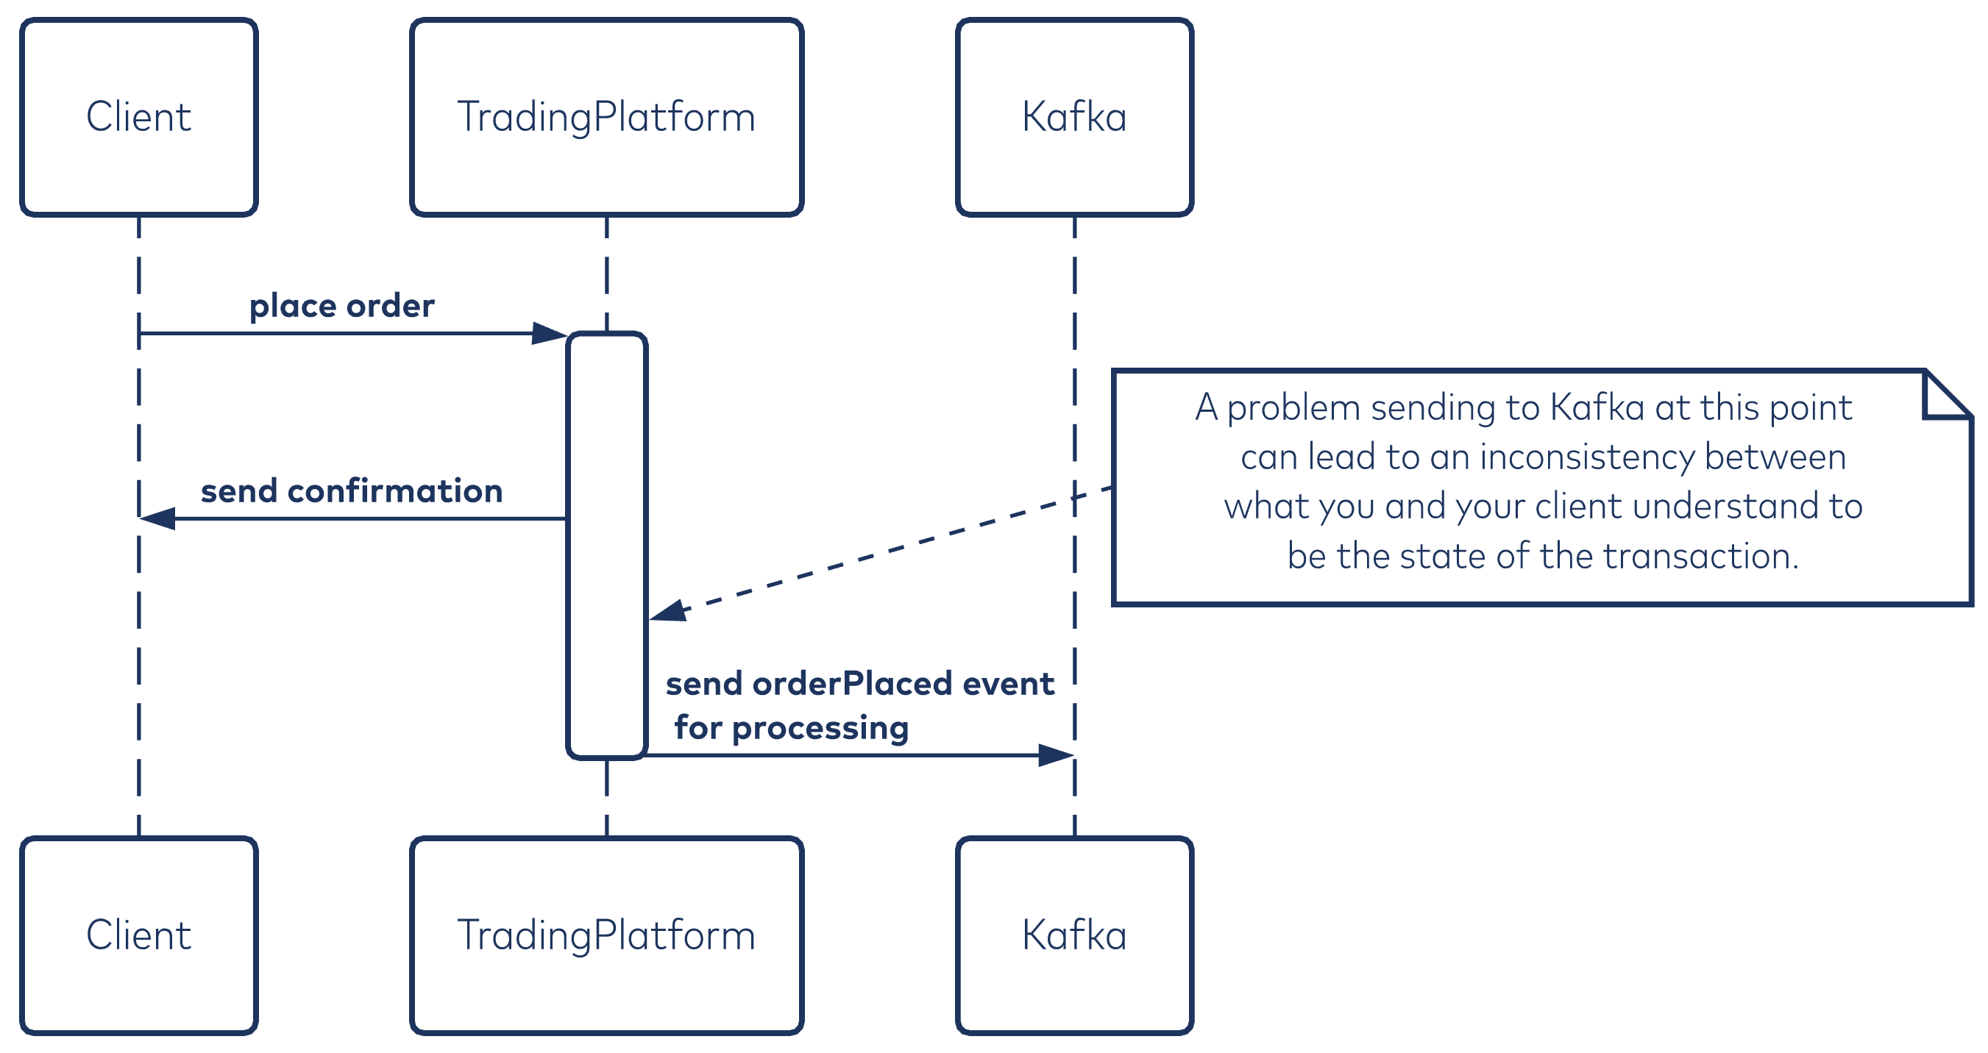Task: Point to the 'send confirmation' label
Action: [x=352, y=490]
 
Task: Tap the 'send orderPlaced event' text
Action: [x=859, y=683]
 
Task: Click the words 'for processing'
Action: [x=792, y=728]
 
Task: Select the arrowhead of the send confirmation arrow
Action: [x=157, y=518]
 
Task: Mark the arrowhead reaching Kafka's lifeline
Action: [x=1057, y=755]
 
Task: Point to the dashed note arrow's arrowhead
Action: [x=667, y=611]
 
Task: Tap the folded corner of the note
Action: [x=1948, y=395]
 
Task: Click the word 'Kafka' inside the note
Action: [x=1597, y=407]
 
